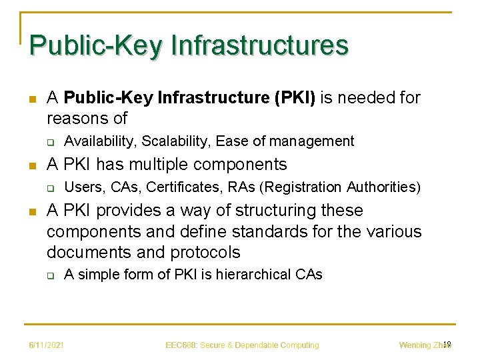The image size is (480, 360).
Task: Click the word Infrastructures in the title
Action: click(259, 45)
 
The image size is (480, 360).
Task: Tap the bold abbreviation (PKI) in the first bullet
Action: click(295, 98)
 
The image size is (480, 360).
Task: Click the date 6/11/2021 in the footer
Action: click(46, 345)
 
